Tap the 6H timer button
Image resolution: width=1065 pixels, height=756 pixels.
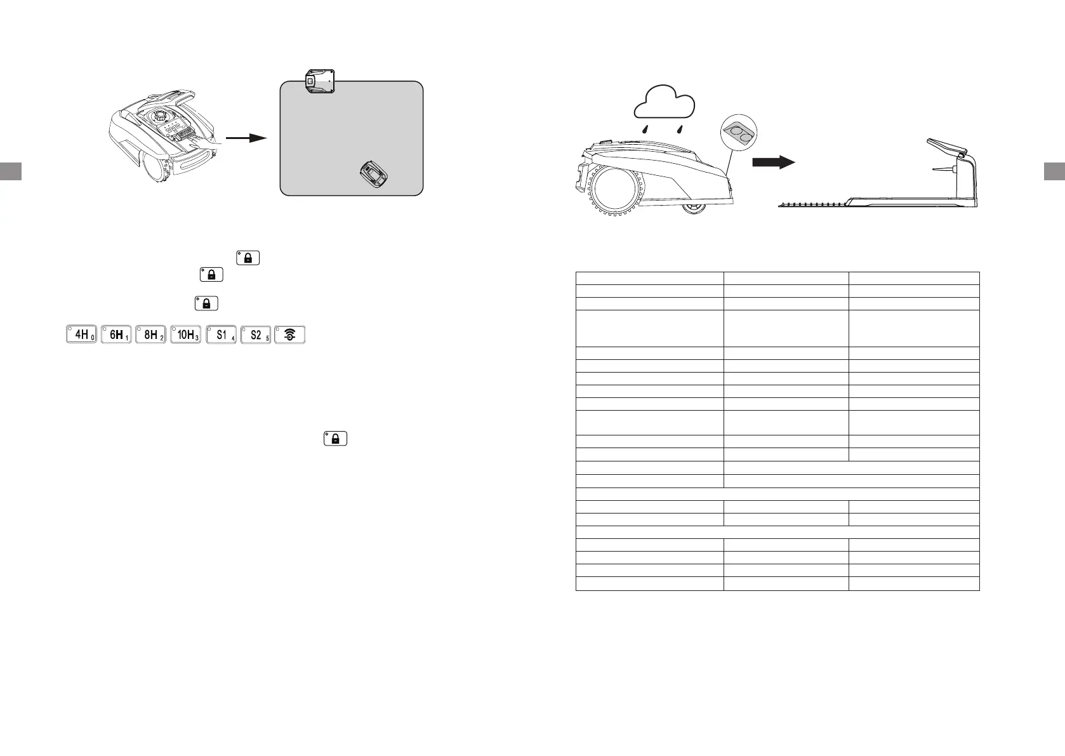pos(116,335)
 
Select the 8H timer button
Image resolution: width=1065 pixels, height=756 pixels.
pos(151,335)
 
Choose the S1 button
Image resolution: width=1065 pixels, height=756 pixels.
pos(221,335)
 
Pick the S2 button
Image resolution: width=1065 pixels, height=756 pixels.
pos(256,335)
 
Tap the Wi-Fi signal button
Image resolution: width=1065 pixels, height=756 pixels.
pos(290,335)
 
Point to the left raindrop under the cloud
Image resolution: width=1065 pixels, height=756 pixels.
pos(645,128)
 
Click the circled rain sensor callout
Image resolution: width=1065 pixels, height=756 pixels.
pos(740,133)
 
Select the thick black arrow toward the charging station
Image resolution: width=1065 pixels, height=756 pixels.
pos(773,163)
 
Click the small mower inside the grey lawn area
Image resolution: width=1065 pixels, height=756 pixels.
pos(376,174)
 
